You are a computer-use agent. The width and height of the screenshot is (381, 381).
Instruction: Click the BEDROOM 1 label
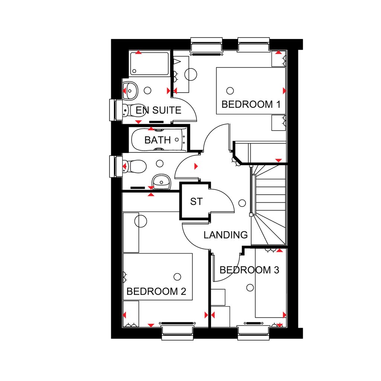click(250, 104)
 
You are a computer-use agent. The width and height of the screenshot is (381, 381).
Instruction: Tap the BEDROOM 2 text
click(156, 291)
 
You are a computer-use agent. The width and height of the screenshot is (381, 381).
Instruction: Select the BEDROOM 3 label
click(249, 270)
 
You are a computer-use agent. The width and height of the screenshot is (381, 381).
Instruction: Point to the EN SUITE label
click(158, 110)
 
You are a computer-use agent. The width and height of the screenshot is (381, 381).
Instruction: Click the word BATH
click(157, 140)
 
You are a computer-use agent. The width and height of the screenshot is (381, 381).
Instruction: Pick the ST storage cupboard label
click(196, 202)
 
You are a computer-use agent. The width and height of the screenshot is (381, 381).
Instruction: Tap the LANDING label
click(225, 235)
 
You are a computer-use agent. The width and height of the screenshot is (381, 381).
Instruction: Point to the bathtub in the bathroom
click(158, 140)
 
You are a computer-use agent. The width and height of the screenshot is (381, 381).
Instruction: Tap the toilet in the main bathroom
click(133, 166)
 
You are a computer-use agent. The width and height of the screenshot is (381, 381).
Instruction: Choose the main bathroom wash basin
click(161, 182)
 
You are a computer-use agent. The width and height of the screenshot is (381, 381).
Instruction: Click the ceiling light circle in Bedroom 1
click(230, 90)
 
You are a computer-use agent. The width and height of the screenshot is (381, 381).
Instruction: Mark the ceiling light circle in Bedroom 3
click(250, 287)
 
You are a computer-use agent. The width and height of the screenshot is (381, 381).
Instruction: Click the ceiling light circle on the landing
click(242, 203)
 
